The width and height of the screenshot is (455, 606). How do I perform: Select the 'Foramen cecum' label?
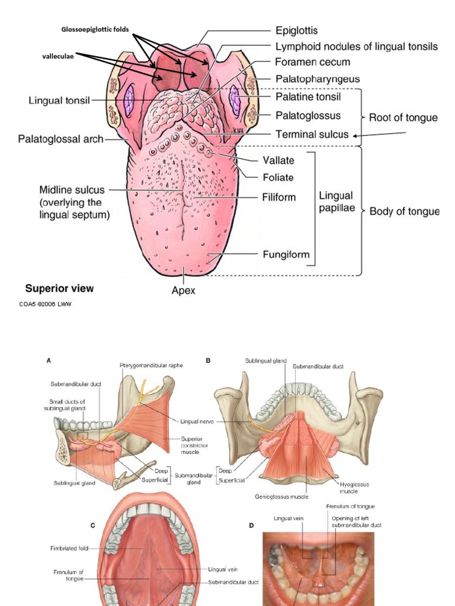[312, 62]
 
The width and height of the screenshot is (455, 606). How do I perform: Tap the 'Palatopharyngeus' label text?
[317, 79]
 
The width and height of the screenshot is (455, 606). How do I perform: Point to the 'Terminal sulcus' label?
[312, 134]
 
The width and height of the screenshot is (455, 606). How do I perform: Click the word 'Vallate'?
[278, 160]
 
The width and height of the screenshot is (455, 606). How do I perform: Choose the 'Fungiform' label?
[287, 255]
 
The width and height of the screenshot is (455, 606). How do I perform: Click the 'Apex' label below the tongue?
[184, 291]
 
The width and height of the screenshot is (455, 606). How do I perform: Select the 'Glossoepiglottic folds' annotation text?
[95, 29]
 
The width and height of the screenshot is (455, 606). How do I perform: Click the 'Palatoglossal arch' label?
[60, 140]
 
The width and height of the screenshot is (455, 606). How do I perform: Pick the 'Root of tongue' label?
[403, 118]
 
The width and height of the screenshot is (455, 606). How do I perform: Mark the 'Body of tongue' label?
[404, 211]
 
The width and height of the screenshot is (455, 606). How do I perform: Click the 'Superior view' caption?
[59, 289]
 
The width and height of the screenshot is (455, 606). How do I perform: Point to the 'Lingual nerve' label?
[197, 421]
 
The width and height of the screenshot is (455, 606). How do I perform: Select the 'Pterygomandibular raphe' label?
[151, 365]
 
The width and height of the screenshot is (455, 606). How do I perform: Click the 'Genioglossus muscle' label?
[281, 496]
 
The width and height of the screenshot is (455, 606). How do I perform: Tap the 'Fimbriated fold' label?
[69, 549]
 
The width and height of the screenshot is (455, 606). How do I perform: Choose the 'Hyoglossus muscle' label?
[354, 487]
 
